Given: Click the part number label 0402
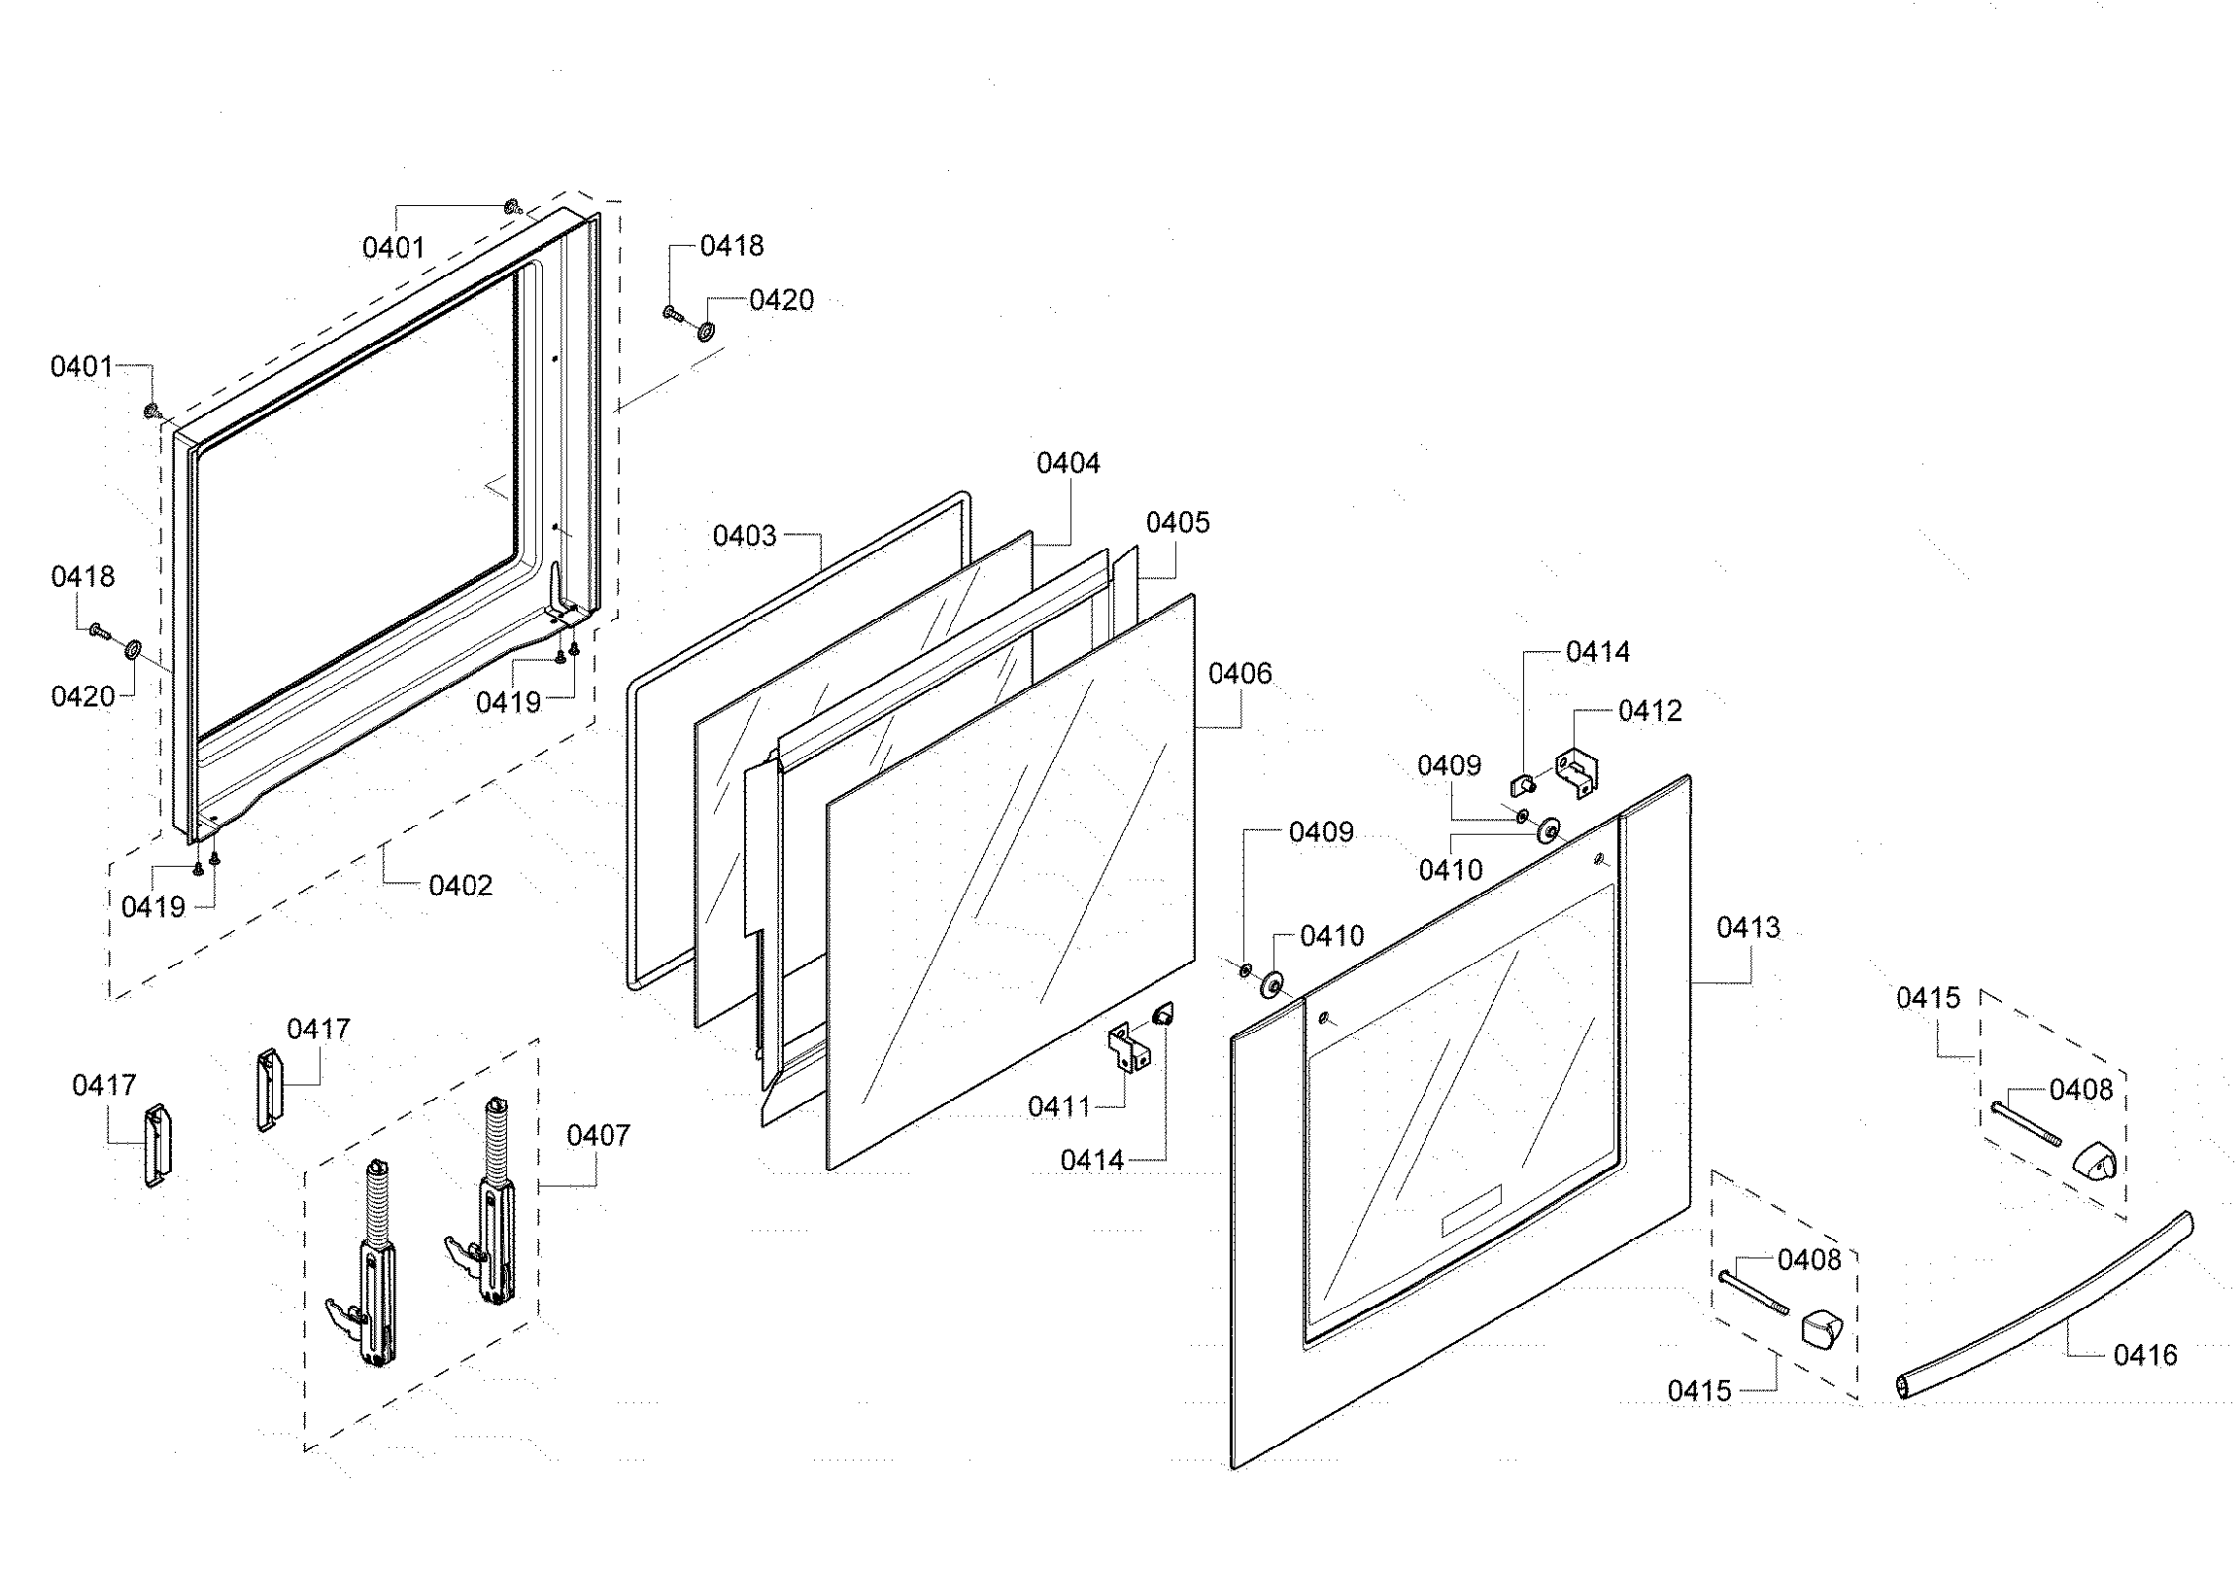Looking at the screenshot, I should [x=460, y=885].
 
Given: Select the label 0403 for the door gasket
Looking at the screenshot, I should [x=744, y=535].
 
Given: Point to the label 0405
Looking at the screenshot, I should [x=1177, y=523].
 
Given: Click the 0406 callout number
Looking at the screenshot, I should [x=1239, y=673].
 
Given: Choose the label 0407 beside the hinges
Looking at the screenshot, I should [x=597, y=1135].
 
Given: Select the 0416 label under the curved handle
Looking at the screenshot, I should [x=2146, y=1355].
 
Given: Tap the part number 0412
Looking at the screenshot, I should [x=1650, y=710].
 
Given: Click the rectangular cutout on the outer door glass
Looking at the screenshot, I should [x=1471, y=1213].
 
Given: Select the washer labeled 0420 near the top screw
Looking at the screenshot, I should [x=704, y=331].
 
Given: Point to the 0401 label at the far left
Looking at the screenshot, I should [x=82, y=366].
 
